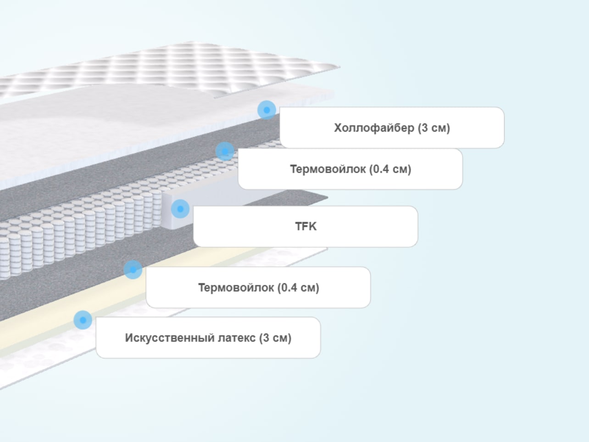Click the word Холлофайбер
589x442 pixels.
pos(374,128)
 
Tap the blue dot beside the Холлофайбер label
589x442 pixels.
pos(267,110)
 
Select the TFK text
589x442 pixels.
pos(306,226)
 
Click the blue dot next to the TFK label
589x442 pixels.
pos(180,208)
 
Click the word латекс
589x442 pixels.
pos(237,338)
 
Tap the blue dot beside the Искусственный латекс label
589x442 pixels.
pos(83,320)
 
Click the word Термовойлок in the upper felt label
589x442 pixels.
pos(328,169)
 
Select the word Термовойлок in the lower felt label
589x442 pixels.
pos(236,288)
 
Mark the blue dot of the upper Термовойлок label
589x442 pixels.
pos(225,151)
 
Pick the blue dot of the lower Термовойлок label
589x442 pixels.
pos(133,270)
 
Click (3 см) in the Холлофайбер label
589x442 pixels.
pos(434,128)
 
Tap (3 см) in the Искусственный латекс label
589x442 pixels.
pos(275,338)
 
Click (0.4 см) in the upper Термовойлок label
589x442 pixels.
pos(390,169)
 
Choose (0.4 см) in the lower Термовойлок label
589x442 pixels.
pos(298,288)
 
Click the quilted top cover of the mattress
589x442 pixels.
pos(172,67)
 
